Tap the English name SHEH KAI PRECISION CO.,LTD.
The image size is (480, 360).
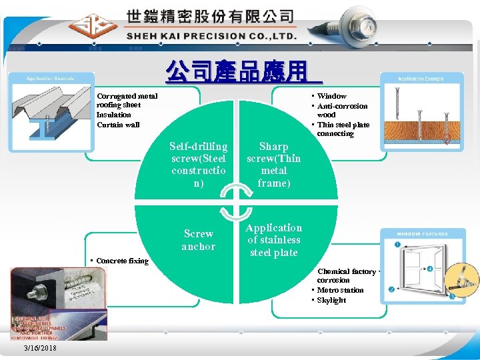(211, 35)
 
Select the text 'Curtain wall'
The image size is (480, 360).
(119, 125)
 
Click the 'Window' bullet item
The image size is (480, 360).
(331, 96)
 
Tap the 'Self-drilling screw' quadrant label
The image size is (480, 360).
(199, 164)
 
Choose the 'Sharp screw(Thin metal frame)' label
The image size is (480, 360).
(273, 164)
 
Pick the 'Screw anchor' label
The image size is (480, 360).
(199, 240)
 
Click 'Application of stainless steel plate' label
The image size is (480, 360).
(273, 240)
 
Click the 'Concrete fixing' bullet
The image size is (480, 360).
(122, 261)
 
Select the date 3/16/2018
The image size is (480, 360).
(40, 348)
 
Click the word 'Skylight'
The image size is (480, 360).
(331, 300)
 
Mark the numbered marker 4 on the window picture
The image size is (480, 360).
(430, 269)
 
